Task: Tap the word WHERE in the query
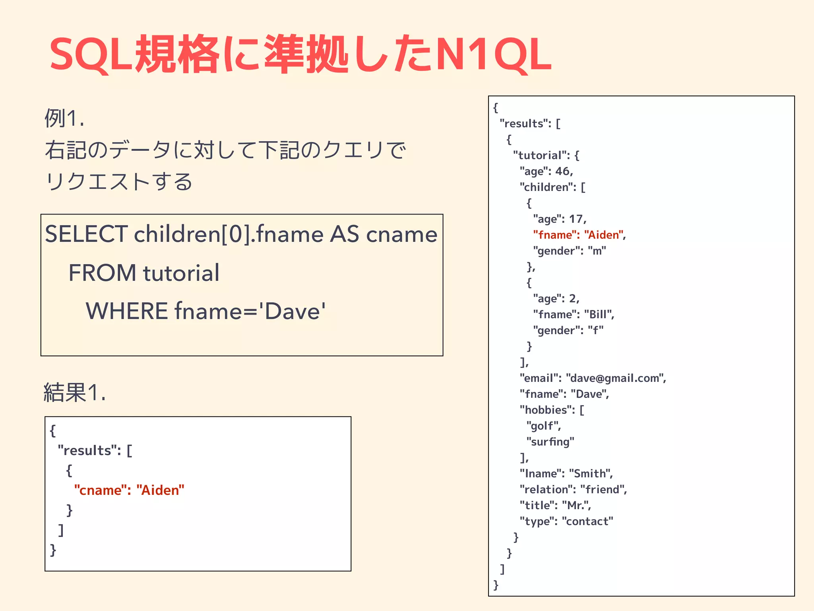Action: (x=127, y=311)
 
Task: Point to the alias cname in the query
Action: (x=401, y=234)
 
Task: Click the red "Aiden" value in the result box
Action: (x=160, y=490)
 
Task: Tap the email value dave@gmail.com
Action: (x=615, y=378)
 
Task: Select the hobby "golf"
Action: (x=543, y=426)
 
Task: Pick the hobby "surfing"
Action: (x=550, y=442)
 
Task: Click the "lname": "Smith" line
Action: (x=566, y=473)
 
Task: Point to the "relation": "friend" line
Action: (x=573, y=489)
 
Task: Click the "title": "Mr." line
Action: (x=555, y=505)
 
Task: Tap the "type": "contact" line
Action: (x=566, y=521)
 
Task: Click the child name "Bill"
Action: (x=599, y=314)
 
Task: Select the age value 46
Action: (x=563, y=171)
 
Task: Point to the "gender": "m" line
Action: (x=569, y=251)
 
